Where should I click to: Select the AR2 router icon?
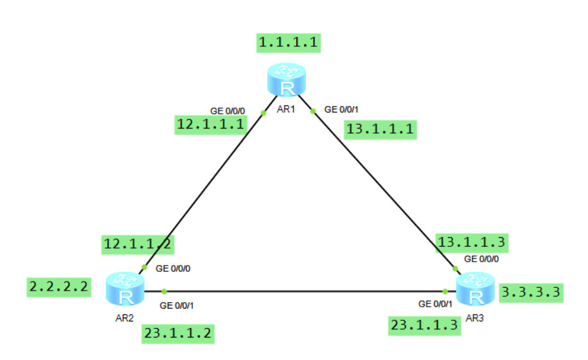point(125,288)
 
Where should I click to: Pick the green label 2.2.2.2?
point(58,287)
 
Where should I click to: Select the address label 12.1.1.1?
point(211,124)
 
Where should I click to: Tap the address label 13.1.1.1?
point(380,130)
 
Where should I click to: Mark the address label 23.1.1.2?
point(177,334)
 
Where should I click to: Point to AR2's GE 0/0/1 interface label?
point(177,305)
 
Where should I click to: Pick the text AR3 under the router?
point(474,318)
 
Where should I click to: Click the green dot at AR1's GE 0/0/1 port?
point(313,111)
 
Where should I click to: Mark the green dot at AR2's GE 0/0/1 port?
point(165,291)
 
